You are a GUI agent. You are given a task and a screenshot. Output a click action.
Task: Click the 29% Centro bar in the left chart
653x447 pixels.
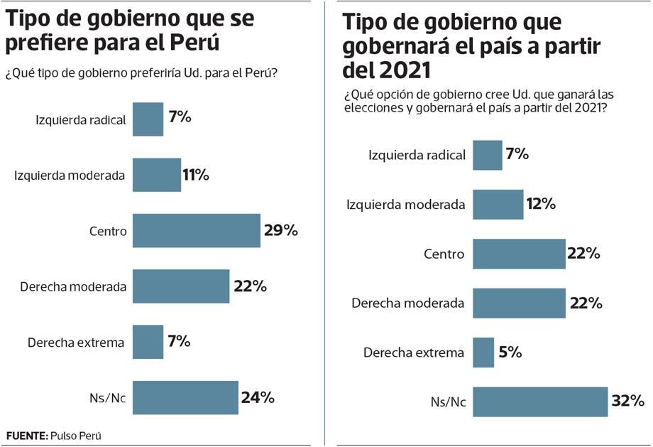[x=197, y=230]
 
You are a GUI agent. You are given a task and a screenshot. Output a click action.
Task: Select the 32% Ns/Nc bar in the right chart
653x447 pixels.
[x=540, y=402]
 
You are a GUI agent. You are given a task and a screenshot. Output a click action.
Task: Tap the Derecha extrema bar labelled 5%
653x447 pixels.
[x=483, y=352]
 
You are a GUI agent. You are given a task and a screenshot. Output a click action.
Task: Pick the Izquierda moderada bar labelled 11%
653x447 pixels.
[x=157, y=175]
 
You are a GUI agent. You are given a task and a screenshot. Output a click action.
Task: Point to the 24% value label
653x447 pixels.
[x=257, y=397]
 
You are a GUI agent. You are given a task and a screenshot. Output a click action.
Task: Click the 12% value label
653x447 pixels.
[x=542, y=204]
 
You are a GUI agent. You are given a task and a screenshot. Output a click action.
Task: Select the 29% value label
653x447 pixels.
[x=280, y=230]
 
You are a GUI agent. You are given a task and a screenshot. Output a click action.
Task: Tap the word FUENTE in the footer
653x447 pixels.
[x=26, y=435]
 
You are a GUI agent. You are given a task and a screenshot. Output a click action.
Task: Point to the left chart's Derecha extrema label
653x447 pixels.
[x=76, y=343]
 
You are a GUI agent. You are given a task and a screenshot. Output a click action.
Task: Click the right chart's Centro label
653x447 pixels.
[x=444, y=254]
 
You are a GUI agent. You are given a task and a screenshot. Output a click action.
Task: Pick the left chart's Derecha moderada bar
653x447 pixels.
[x=181, y=286]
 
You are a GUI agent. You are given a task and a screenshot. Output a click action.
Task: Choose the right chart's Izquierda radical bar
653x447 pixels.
[x=488, y=155]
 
